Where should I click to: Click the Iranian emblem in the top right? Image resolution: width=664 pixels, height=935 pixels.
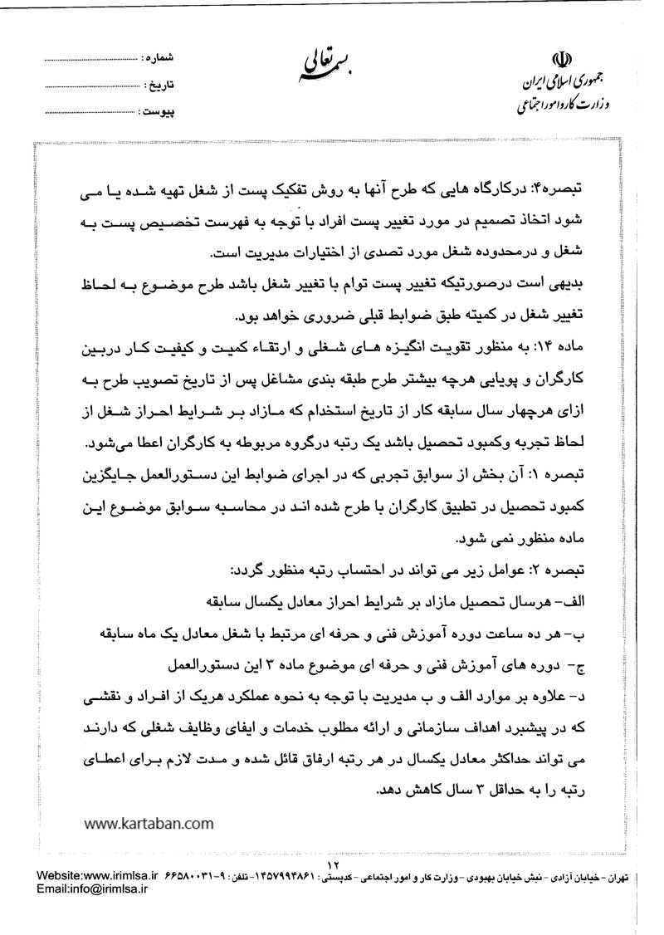click(x=564, y=62)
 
